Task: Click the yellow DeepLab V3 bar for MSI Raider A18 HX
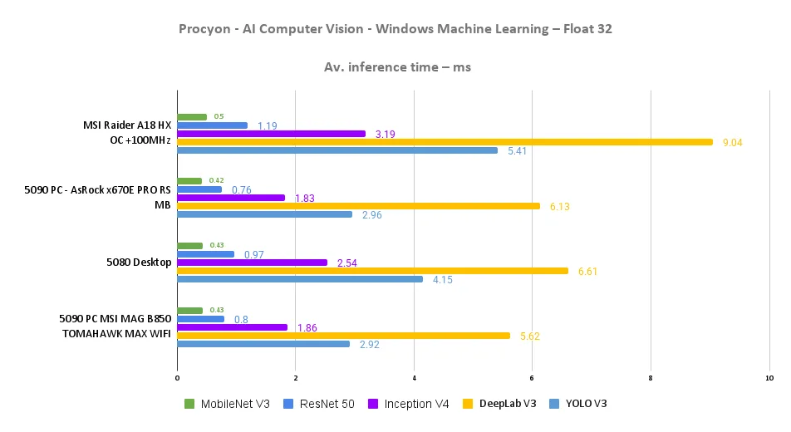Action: [445, 142]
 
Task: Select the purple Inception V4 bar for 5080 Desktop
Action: [253, 263]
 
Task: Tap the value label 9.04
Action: [732, 143]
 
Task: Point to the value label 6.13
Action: [559, 207]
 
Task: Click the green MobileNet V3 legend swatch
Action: [189, 404]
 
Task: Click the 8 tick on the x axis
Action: [651, 379]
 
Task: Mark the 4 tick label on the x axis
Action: [414, 379]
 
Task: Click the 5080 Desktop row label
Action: [139, 263]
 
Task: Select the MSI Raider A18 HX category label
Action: [127, 125]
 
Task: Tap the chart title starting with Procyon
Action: [395, 29]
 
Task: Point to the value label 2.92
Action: [369, 344]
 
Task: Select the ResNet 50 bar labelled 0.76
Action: [199, 189]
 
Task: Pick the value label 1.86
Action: [307, 328]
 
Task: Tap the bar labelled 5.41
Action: [337, 150]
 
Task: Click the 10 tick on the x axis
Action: [769, 379]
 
